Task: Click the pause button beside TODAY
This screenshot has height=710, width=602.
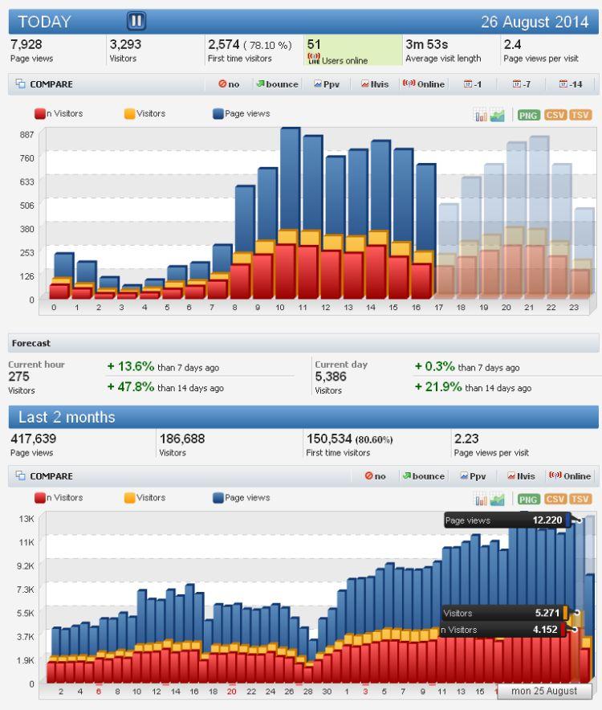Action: point(136,21)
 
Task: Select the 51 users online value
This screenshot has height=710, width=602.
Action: point(314,44)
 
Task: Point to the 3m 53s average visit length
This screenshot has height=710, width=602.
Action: point(426,44)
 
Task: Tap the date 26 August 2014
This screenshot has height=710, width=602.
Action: point(536,22)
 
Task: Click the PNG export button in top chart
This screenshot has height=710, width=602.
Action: point(529,115)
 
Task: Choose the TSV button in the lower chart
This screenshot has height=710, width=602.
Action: point(580,499)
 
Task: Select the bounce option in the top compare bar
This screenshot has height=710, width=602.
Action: point(277,84)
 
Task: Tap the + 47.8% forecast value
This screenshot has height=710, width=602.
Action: point(132,386)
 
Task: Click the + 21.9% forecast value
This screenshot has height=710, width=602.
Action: point(439,386)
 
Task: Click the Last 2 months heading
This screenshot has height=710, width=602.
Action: point(67,418)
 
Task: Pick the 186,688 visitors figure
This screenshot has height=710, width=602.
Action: point(181,439)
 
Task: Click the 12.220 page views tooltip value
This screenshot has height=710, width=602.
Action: point(548,520)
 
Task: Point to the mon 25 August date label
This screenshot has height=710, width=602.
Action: point(544,692)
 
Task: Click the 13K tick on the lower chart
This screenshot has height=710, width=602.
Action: point(26,518)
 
